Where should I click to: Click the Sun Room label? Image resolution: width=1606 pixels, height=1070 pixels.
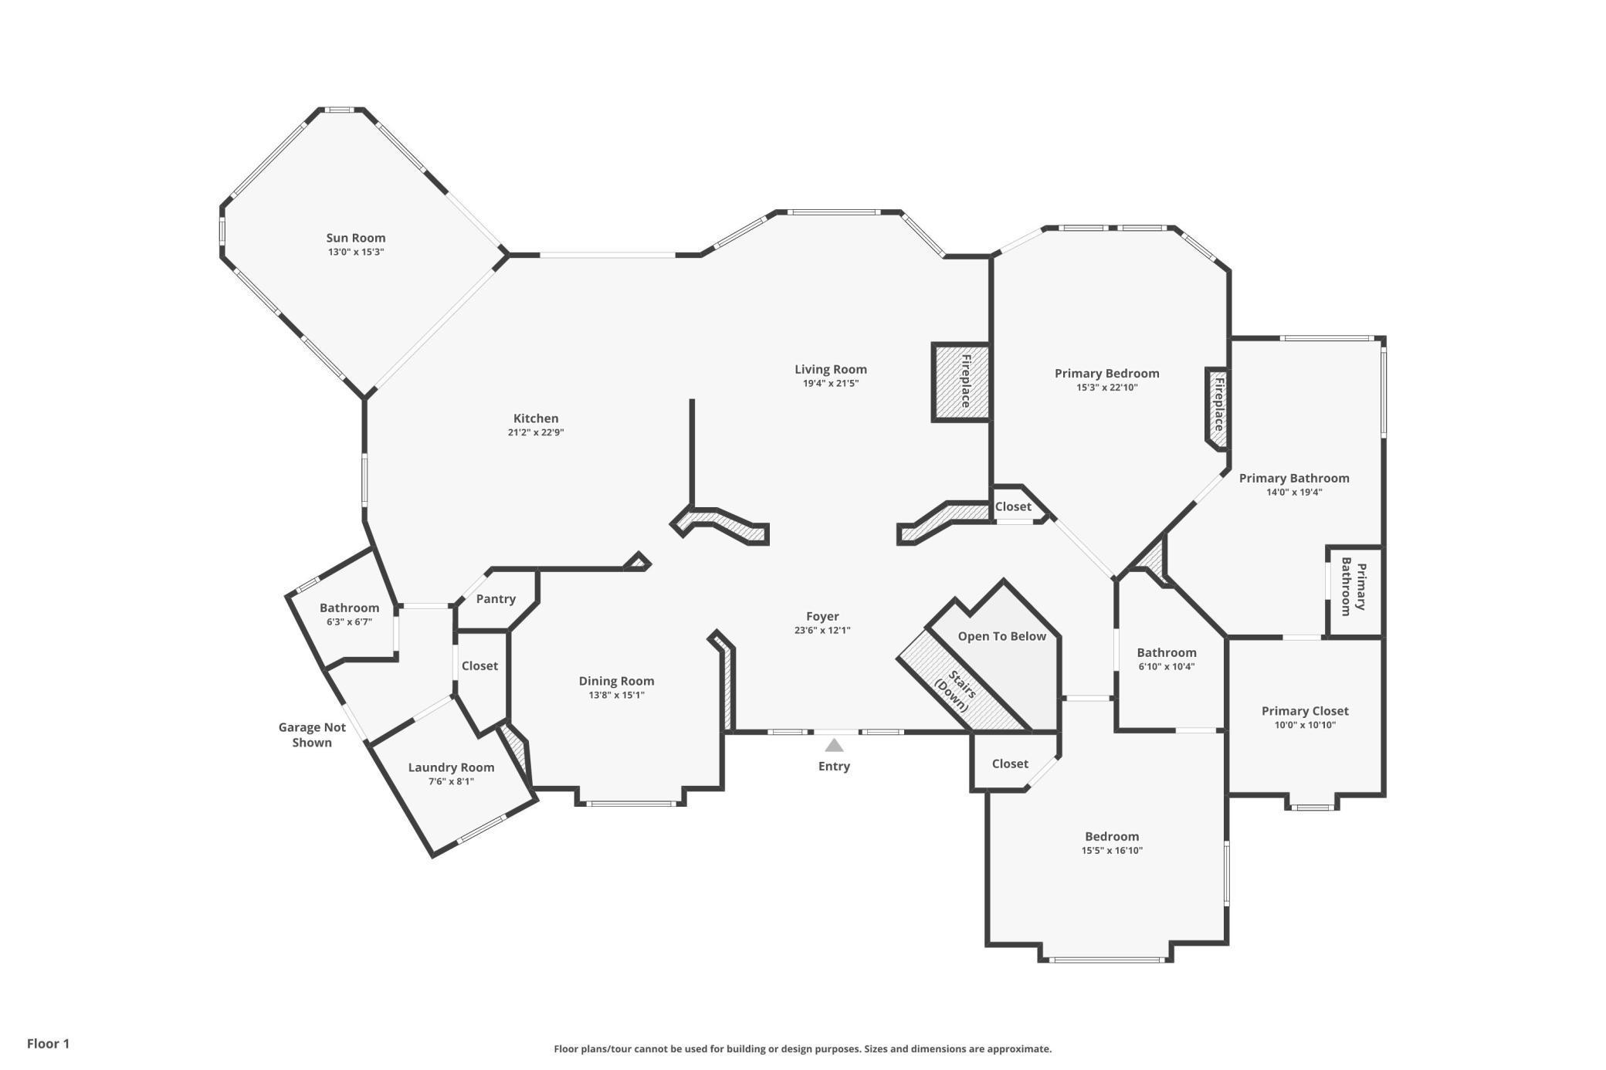click(355, 238)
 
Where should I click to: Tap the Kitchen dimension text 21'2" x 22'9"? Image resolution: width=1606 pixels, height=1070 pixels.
click(536, 432)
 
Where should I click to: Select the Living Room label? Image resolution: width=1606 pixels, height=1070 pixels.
click(831, 369)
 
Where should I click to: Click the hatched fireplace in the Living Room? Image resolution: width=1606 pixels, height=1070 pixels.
click(961, 382)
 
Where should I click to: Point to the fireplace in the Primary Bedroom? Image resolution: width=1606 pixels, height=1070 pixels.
click(1218, 408)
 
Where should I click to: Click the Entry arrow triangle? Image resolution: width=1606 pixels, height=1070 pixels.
click(834, 745)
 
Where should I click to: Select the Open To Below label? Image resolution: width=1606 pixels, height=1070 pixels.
click(1002, 636)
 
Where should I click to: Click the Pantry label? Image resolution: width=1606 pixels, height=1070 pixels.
click(496, 599)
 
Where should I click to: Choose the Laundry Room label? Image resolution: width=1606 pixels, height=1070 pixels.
click(451, 767)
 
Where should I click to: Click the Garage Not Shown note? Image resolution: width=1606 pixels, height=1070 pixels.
click(312, 735)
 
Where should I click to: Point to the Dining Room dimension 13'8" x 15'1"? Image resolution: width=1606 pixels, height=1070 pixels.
click(616, 695)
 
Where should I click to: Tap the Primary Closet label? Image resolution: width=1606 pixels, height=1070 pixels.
click(1305, 711)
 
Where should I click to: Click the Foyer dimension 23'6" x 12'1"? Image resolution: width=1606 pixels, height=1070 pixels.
click(822, 630)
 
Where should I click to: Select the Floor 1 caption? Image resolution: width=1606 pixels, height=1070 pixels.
click(48, 1044)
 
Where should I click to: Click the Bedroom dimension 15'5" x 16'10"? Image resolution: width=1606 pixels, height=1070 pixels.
click(1112, 851)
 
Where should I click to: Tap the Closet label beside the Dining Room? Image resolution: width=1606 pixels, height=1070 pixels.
click(479, 665)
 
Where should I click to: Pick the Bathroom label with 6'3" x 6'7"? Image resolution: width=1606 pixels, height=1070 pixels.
click(349, 608)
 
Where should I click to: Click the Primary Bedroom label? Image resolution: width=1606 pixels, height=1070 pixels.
click(1107, 374)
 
